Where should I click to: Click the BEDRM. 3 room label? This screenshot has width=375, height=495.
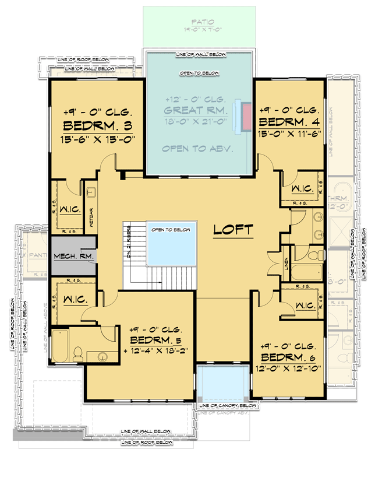(98, 126)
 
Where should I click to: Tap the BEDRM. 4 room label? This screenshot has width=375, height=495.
(289, 122)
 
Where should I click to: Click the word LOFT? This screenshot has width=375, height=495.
(233, 230)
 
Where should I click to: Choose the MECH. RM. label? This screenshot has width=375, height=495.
(73, 257)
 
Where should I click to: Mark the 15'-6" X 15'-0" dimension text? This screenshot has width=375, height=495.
(98, 140)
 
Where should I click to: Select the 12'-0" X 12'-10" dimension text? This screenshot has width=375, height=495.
(288, 368)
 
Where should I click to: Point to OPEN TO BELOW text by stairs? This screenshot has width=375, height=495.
(171, 230)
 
